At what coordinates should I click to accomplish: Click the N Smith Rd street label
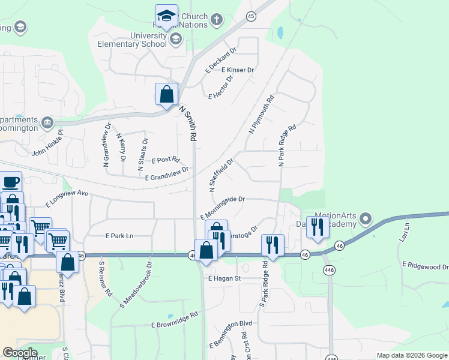(189, 124)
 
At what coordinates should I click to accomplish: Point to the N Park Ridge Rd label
(287, 145)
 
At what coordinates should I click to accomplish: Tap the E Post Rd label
(166, 160)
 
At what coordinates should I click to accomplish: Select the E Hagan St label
(224, 278)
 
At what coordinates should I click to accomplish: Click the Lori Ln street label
(404, 232)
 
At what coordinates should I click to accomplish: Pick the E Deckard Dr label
(221, 58)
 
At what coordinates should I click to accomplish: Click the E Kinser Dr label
(238, 70)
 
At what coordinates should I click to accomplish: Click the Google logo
(20, 353)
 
